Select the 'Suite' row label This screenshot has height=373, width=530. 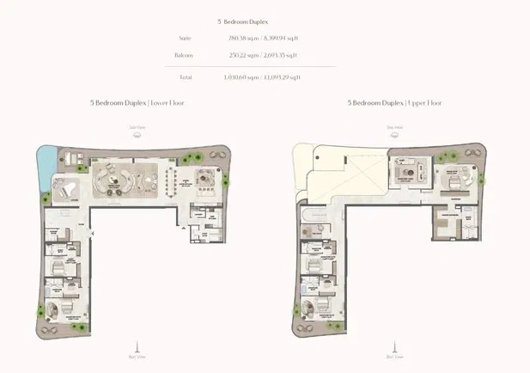209,38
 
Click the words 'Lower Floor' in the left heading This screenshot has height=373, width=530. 166,102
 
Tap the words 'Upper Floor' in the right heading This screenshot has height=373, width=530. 423,102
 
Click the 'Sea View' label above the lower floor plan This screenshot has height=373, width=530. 137,127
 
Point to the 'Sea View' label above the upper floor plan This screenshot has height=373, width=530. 394,127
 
